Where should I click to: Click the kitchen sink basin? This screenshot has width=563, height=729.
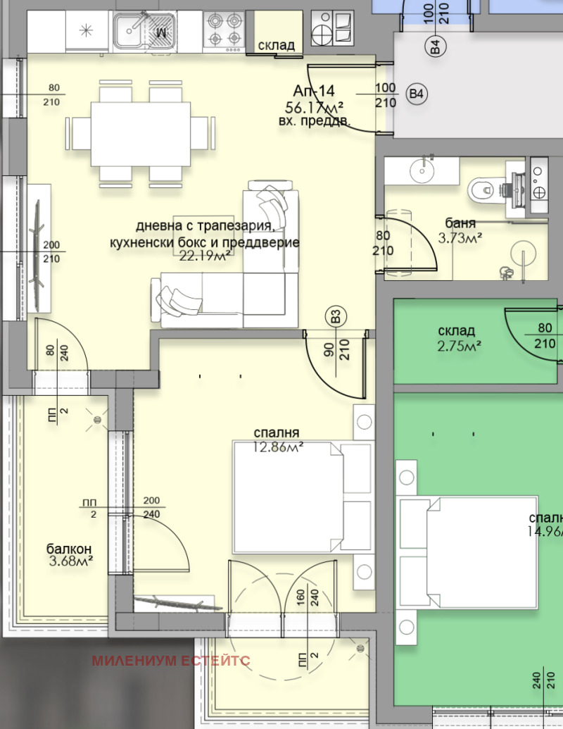point(129,30)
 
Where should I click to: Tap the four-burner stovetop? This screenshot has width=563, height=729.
point(224,30)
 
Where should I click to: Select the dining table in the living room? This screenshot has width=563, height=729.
point(140,134)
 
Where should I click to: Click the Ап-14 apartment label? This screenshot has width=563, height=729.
point(313,91)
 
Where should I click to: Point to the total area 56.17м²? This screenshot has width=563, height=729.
point(314,107)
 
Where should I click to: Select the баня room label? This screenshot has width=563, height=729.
point(460,224)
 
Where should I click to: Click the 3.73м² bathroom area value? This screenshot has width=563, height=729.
point(460,238)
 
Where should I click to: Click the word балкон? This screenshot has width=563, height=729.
point(69,549)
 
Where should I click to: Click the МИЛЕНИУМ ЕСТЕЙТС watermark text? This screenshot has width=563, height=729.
point(171,660)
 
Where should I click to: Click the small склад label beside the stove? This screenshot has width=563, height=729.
point(277,46)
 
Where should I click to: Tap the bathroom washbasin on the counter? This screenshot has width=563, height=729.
point(422,170)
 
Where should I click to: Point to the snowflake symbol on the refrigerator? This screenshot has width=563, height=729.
point(87,30)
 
